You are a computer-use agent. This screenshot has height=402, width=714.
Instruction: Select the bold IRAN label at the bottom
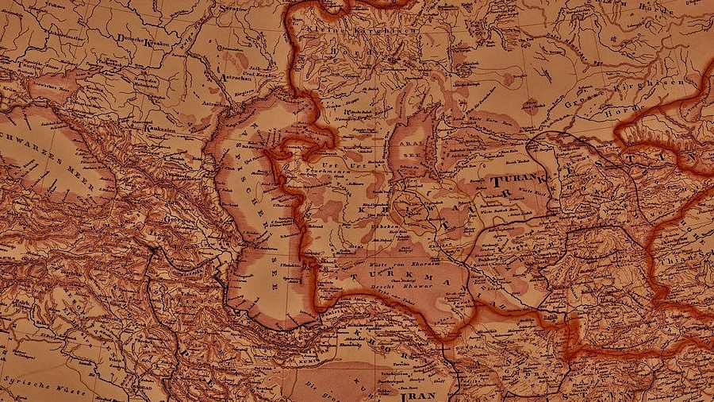click(x=418, y=395)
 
